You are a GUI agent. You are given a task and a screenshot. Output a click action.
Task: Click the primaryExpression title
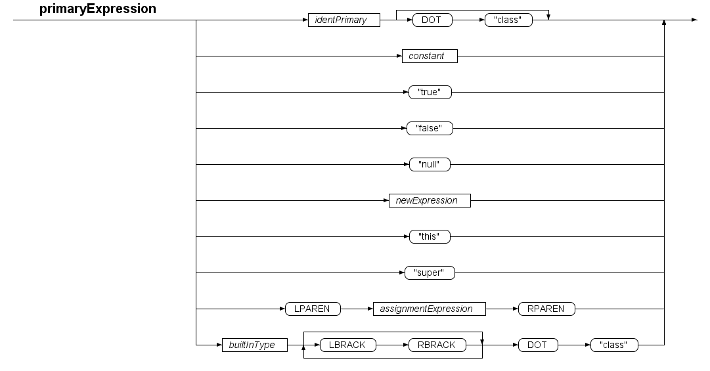coord(98,9)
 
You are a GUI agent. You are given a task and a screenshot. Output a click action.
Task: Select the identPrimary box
coord(344,20)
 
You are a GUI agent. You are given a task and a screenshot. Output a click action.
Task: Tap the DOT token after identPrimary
coord(432,20)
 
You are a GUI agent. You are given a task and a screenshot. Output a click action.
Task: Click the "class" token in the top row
coord(508,20)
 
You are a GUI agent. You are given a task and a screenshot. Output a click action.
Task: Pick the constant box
coord(430,56)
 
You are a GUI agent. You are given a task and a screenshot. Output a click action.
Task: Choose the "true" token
coord(430,93)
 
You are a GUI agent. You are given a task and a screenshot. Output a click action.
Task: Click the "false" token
coord(430,129)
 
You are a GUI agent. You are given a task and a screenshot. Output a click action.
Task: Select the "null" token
coord(430,164)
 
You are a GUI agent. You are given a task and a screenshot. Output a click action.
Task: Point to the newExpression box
coord(430,200)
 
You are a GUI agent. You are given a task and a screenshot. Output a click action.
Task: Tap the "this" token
coord(430,236)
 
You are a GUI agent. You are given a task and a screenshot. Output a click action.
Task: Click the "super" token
coord(430,273)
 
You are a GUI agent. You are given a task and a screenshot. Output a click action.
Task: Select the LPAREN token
coord(313,309)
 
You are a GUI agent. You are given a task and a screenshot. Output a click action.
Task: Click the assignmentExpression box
coord(430,309)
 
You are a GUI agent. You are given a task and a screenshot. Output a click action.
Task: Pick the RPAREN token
coord(546,309)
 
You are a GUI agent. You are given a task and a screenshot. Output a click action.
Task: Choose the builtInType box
coord(254,345)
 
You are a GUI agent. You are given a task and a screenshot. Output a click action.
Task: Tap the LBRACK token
coord(347,345)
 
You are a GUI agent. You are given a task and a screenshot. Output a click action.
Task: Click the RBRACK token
coord(437,345)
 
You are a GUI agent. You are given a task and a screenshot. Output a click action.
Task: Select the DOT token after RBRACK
coord(538,345)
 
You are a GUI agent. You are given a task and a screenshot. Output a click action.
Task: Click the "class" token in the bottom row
coord(614,345)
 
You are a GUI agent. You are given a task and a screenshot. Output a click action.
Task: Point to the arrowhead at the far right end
coord(695,20)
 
